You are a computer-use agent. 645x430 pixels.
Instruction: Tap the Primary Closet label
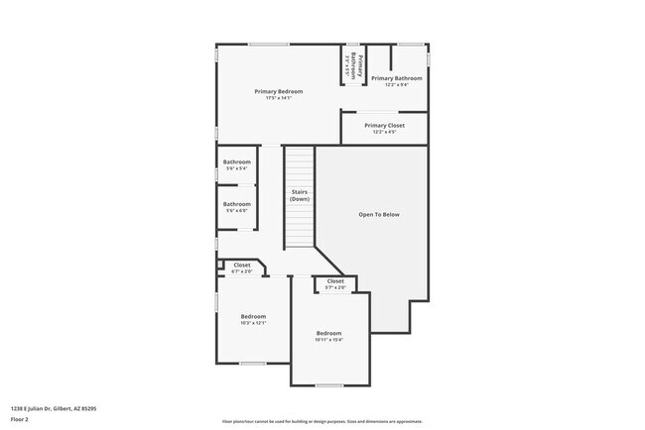pyautogui.click(x=384, y=126)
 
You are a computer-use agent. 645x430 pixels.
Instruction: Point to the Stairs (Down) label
pyautogui.click(x=300, y=195)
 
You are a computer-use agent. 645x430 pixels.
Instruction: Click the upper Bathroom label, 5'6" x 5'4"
pyautogui.click(x=237, y=162)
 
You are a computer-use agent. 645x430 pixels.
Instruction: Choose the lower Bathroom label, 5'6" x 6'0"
pyautogui.click(x=237, y=204)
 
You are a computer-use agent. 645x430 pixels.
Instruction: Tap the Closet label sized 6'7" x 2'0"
pyautogui.click(x=242, y=265)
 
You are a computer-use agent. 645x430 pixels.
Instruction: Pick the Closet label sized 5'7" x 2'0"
pyautogui.click(x=335, y=281)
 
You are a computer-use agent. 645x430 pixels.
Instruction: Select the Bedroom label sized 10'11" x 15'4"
pyautogui.click(x=328, y=333)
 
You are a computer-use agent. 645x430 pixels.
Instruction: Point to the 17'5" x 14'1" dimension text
pyautogui.click(x=279, y=98)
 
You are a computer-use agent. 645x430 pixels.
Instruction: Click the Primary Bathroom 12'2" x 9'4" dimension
pyautogui.click(x=396, y=85)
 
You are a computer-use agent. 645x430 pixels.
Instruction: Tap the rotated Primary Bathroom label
pyautogui.click(x=352, y=66)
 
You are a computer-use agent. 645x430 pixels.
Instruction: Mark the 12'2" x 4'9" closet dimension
pyautogui.click(x=384, y=133)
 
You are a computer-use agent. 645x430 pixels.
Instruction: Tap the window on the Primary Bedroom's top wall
pyautogui.click(x=268, y=44)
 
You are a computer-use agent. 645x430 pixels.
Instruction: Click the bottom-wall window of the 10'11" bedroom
pyautogui.click(x=329, y=385)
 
